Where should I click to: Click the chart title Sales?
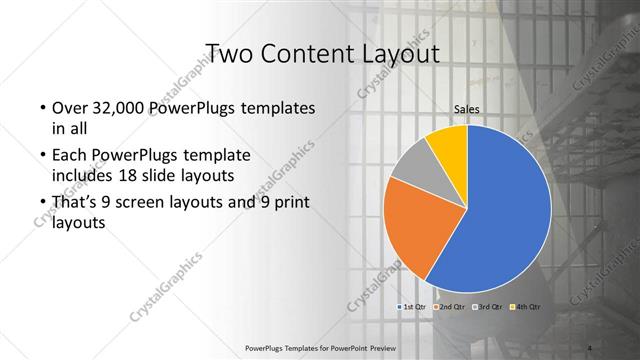click(467, 109)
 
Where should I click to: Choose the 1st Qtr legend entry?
click(414, 306)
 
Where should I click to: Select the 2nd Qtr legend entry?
click(450, 306)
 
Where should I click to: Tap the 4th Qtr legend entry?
click(526, 306)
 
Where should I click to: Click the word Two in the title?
click(227, 53)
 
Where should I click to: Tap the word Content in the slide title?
click(307, 53)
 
